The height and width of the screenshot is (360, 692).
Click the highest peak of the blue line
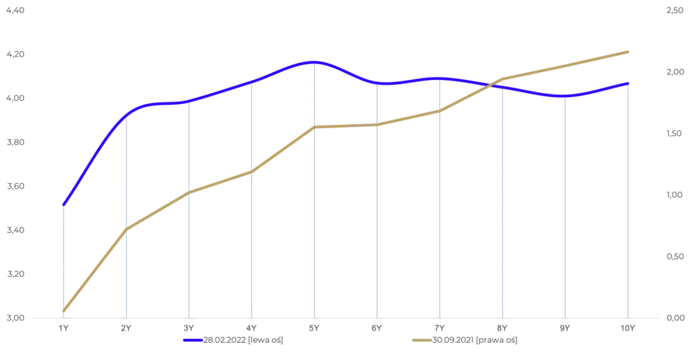[313, 62]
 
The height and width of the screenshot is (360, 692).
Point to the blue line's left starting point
[63, 205]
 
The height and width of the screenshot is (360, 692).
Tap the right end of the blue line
[628, 83]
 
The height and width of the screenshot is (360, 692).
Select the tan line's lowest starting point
[63, 313]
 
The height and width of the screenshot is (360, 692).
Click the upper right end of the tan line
[629, 50]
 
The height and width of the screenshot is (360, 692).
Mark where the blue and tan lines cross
[492, 83]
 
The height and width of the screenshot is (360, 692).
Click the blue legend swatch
[192, 341]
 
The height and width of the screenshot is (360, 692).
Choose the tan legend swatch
[421, 341]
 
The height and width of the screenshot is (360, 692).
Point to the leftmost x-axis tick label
[63, 327]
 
